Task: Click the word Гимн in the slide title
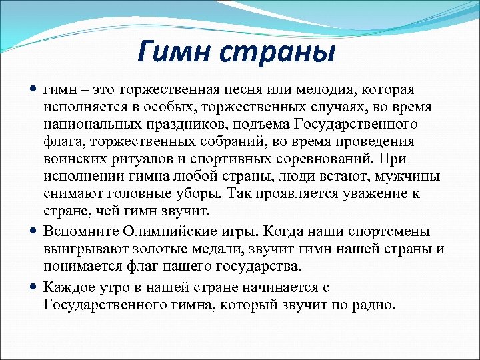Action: coord(175,51)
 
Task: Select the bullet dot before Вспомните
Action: coord(34,231)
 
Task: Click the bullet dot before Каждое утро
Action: coord(34,287)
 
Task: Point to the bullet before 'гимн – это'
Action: coord(34,89)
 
